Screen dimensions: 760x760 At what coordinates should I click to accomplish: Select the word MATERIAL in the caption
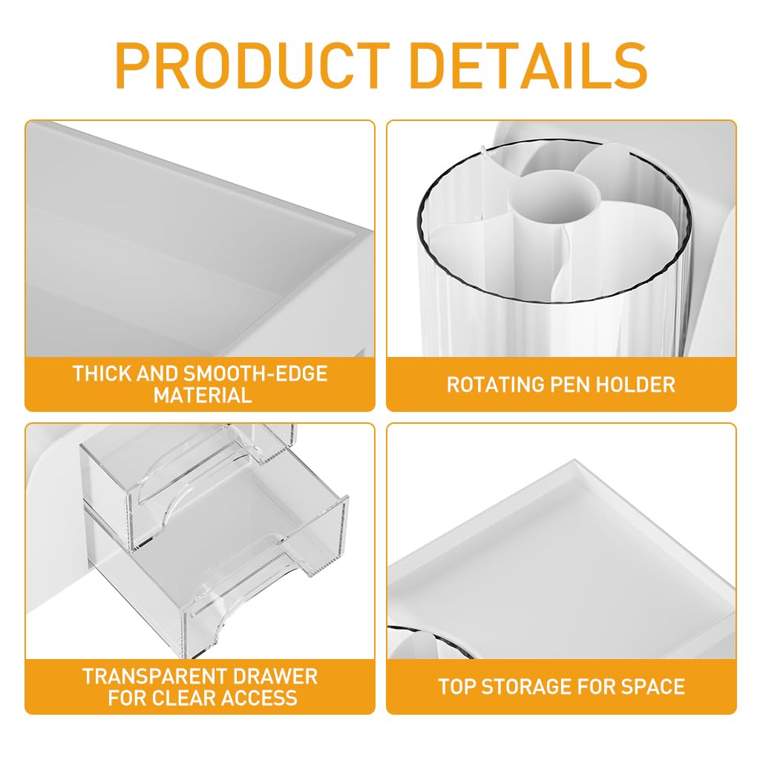point(203,395)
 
